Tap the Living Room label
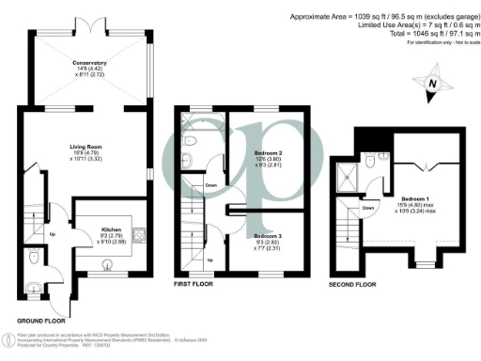pos(91,146)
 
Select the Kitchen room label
pos(110,229)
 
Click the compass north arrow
pos(431,83)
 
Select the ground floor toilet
pos(34,258)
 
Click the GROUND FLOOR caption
pos(41,322)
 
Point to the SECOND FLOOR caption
pos(353,282)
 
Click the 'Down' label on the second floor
pos(368,208)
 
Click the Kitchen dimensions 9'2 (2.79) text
pos(110,236)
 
